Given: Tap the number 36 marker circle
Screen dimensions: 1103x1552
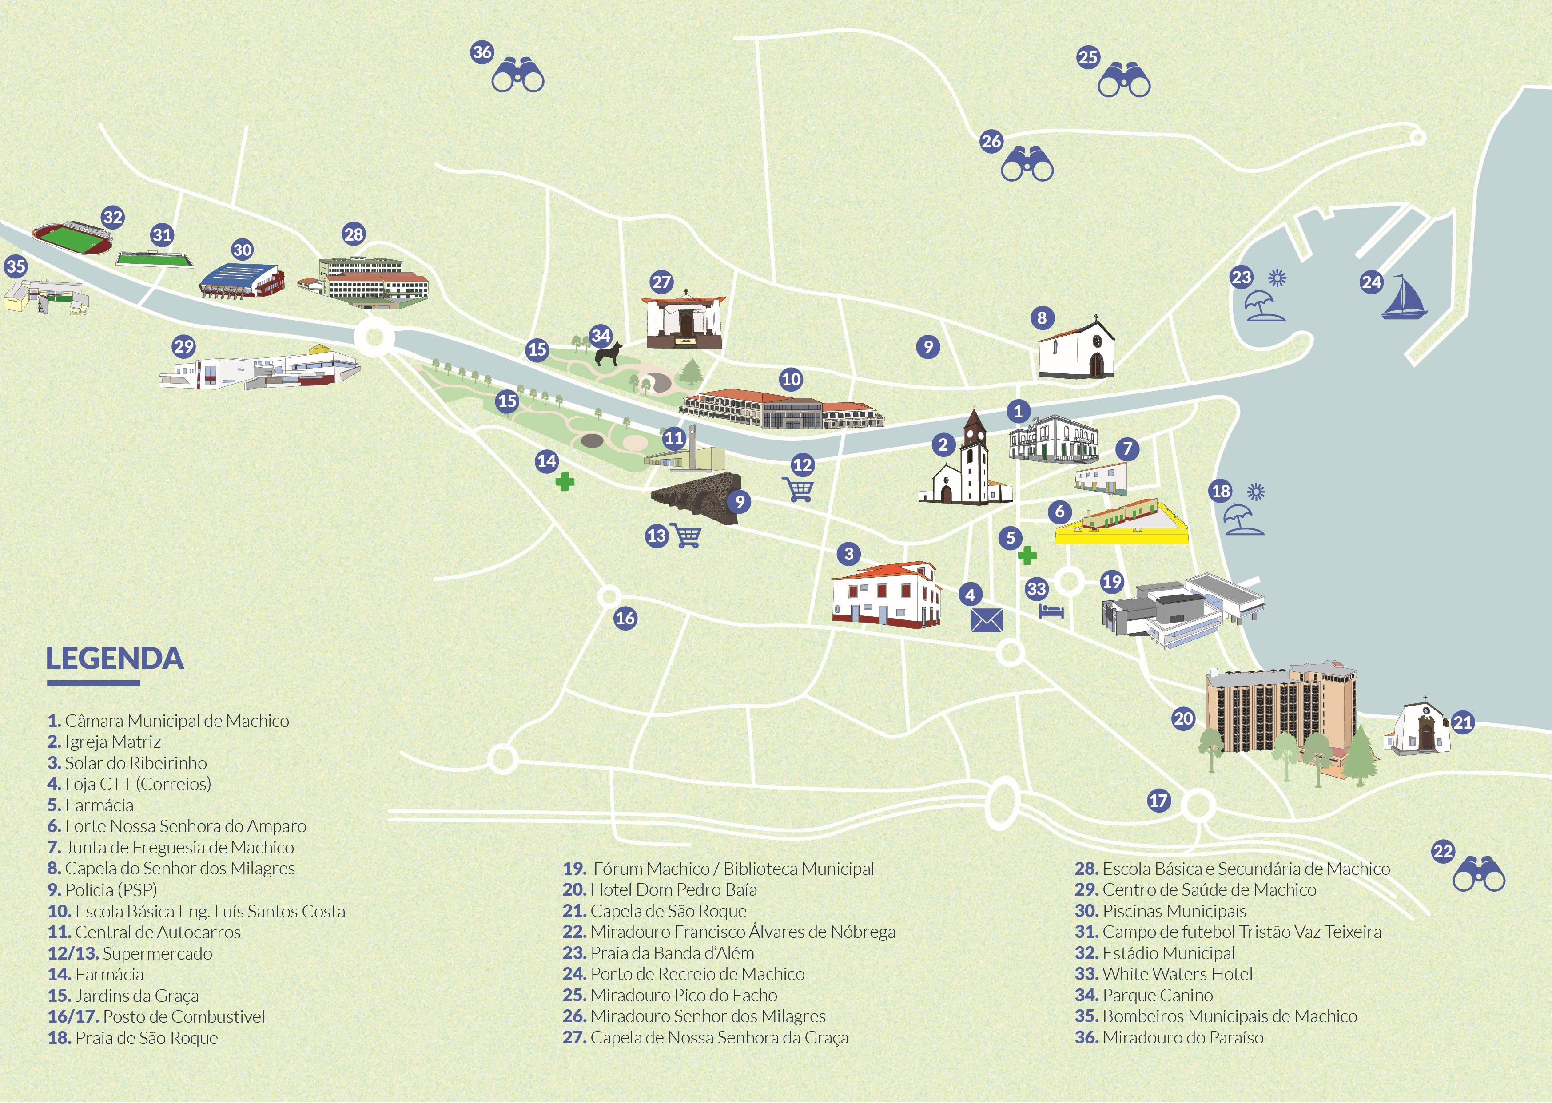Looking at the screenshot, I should tap(482, 52).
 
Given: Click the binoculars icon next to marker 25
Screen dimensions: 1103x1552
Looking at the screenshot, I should tap(1124, 79).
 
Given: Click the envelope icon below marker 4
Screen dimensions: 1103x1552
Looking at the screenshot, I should tap(986, 620).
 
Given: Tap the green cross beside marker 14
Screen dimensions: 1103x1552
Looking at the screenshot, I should tap(565, 482).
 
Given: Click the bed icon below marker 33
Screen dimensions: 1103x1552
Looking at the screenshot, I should tap(1051, 611).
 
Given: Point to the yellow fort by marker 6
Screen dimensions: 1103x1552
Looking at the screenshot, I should tap(1121, 526).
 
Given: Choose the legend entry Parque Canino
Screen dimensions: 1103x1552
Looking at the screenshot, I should tap(1157, 996).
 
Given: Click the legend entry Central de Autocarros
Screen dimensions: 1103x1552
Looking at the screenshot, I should tap(158, 932).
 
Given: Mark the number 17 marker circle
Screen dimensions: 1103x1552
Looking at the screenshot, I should tap(1159, 800).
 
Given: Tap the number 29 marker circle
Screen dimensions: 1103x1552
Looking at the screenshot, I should tap(184, 347).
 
